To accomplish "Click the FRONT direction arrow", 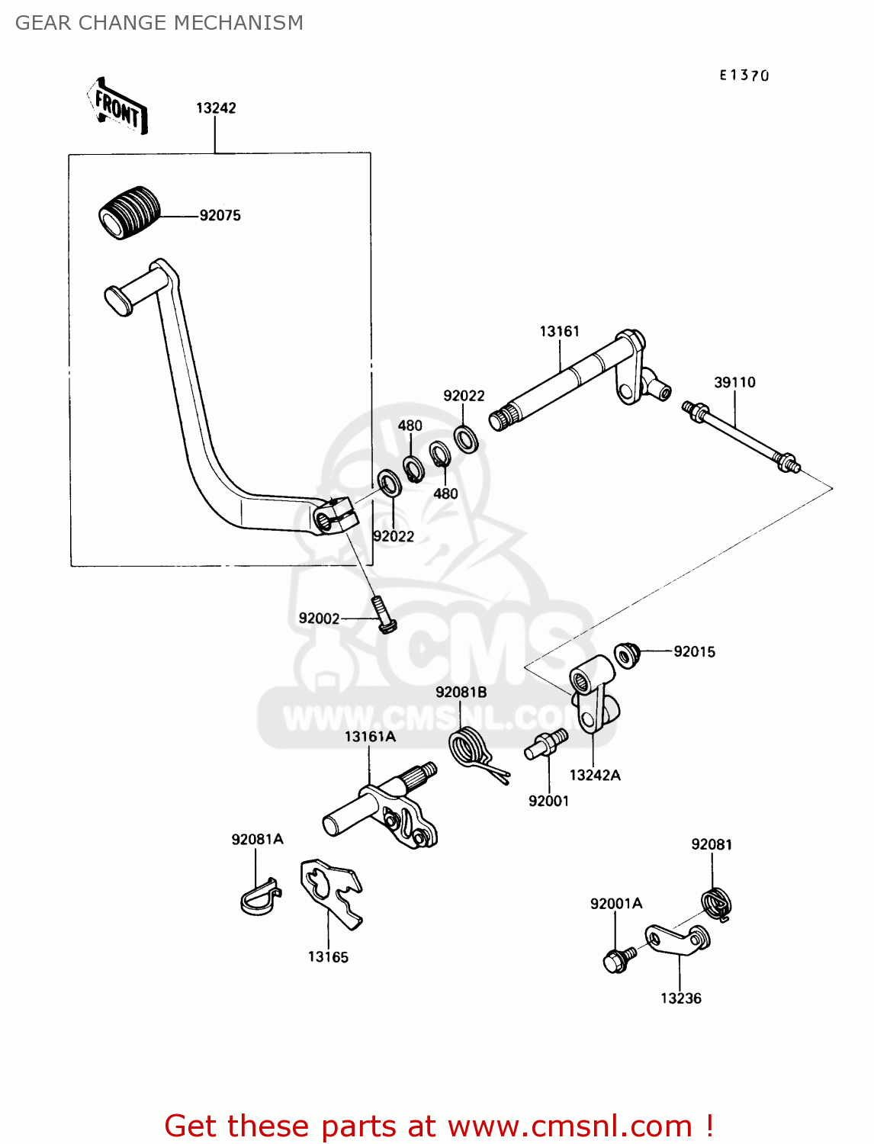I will (117, 107).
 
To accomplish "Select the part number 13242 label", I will (216, 108).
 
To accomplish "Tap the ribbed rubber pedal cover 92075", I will (130, 212).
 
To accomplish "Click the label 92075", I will (220, 216).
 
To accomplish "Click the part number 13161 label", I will (559, 331).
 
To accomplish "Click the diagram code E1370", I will (744, 75).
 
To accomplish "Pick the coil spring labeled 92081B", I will (468, 748).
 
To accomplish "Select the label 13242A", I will (595, 776).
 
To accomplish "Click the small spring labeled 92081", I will (718, 905).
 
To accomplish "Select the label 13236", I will (680, 998).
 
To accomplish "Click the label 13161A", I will (370, 737).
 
